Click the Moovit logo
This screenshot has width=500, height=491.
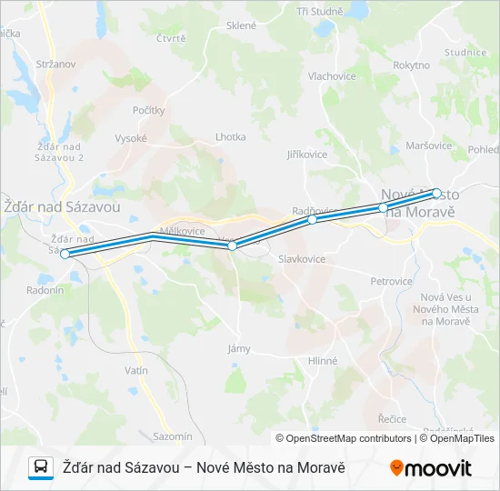431,468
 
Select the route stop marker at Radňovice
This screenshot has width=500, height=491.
312,220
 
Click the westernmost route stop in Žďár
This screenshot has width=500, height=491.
65,255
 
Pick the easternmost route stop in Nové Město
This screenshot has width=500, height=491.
436,193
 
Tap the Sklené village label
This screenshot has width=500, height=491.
242,25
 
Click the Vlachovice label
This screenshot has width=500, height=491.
332,76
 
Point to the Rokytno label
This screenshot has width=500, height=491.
411,65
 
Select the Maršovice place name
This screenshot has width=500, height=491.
428,145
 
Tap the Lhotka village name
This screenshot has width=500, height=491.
230,137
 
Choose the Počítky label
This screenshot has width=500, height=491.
149,110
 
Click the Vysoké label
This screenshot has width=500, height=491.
131,138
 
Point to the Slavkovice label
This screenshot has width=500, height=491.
302,259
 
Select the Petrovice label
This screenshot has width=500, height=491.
391,282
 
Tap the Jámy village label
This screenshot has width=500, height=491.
238,348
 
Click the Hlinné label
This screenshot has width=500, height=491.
322,361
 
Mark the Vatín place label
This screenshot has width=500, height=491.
135,371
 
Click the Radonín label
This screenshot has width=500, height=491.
45,290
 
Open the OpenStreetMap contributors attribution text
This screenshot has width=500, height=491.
344,438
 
